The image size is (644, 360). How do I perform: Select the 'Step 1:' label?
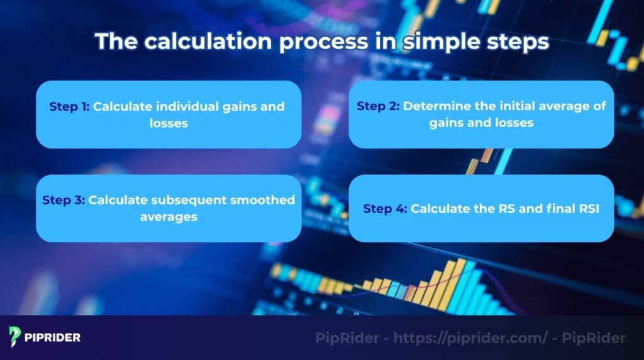pos(70,106)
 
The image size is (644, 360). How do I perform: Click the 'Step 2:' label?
pos(378,106)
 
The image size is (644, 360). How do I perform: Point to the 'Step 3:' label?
pos(64,200)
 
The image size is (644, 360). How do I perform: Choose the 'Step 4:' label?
pos(386,208)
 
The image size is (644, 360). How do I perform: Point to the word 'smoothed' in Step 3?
pos(267,200)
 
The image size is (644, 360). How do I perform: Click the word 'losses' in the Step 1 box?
pos(169,123)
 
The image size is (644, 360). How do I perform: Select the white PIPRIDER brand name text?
pos(53,337)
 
